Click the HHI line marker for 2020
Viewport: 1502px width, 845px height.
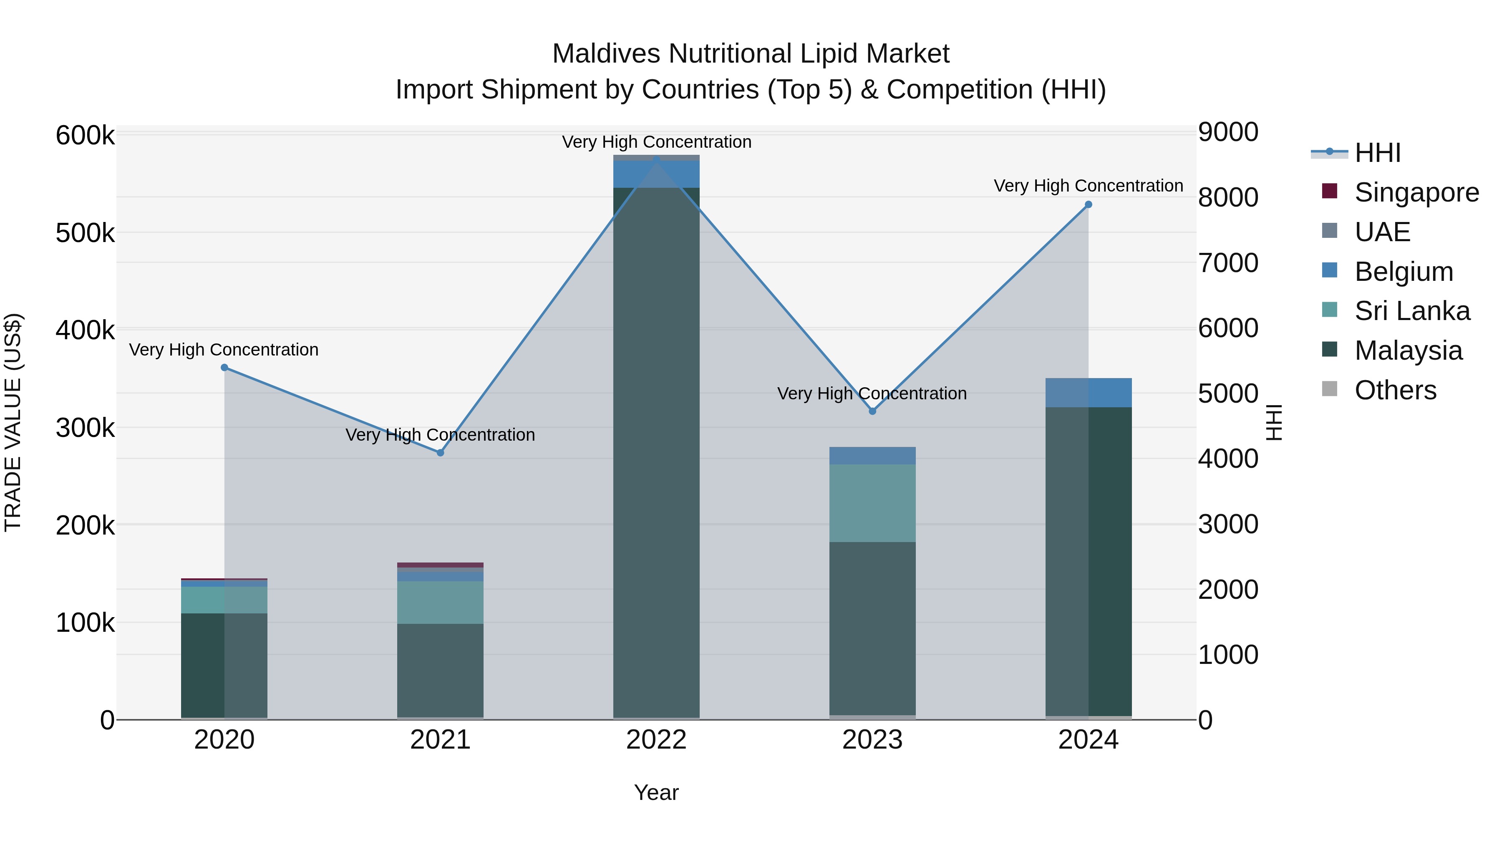[x=224, y=367]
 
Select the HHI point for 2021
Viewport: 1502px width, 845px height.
[x=440, y=452]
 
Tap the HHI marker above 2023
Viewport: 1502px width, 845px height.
[x=872, y=411]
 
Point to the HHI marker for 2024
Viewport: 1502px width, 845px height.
[x=1088, y=205]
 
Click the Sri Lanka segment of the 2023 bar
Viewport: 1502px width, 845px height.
[x=872, y=503]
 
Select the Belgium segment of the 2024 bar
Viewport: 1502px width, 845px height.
[x=1088, y=393]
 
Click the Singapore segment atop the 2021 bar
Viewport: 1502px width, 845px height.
[x=440, y=565]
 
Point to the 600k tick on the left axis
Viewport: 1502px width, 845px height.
[x=85, y=136]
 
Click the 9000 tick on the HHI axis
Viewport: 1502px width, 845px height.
[x=1228, y=132]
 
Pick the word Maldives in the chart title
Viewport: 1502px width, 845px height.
[x=606, y=54]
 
